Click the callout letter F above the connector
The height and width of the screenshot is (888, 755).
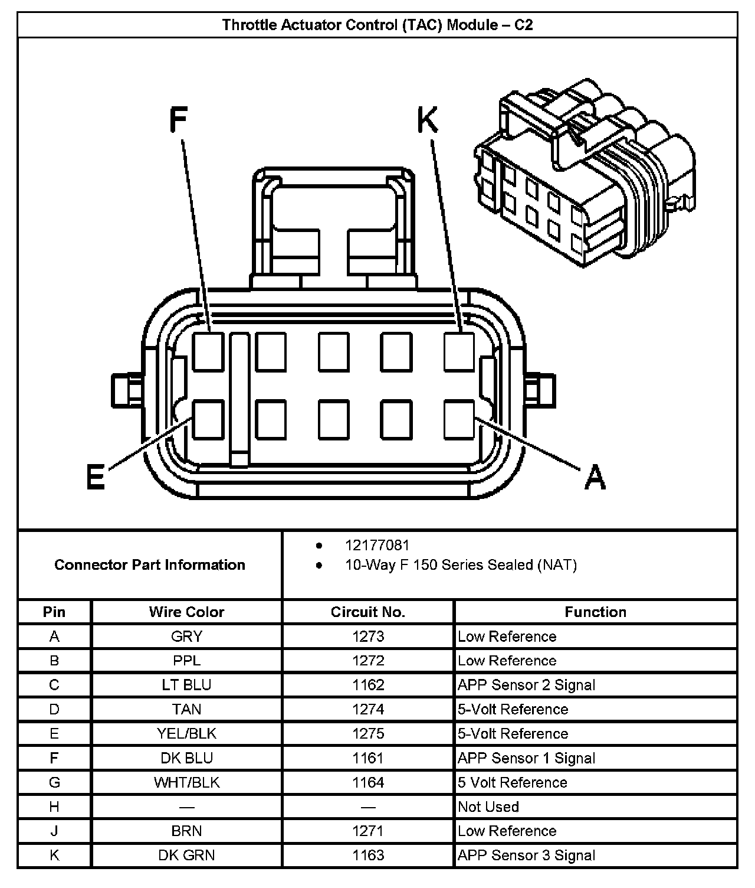(178, 120)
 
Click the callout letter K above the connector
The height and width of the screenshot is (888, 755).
(428, 120)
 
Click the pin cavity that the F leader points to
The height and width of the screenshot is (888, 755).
(208, 352)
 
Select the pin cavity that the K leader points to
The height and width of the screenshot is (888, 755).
(459, 352)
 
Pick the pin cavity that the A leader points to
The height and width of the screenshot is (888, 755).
(459, 419)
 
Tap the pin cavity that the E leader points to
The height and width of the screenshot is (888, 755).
(208, 419)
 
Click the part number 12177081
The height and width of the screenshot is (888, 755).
(377, 545)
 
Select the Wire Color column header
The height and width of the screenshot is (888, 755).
(186, 612)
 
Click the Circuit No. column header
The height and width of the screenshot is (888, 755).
(368, 612)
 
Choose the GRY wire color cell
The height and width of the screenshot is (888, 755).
(186, 636)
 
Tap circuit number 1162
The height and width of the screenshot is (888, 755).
(368, 685)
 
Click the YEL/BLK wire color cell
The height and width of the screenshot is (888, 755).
(186, 733)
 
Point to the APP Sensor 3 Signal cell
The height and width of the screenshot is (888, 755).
(526, 855)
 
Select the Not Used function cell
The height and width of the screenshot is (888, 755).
(488, 807)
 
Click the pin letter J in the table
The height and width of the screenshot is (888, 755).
(54, 831)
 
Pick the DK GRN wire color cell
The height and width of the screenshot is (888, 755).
(186, 855)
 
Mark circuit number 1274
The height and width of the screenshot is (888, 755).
(368, 709)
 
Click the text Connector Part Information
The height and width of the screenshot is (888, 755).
(150, 565)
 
